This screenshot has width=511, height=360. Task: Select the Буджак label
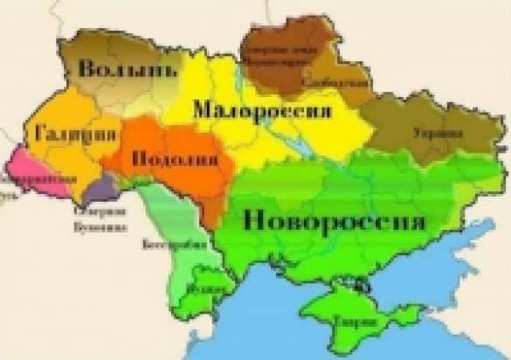pyautogui.click(x=212, y=285)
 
